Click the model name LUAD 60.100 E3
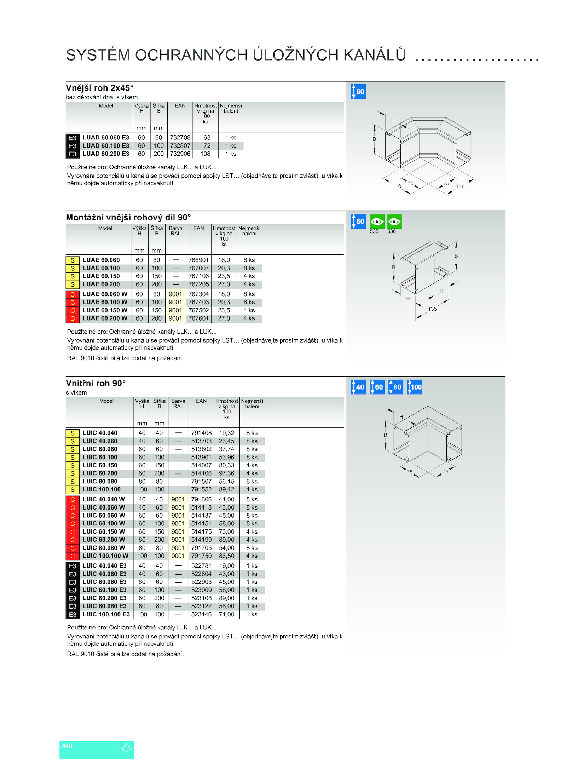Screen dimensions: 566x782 [106, 146]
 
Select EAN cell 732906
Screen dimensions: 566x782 [180, 154]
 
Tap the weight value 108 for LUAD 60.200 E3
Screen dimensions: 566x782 [206, 154]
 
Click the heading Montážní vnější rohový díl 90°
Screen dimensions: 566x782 [128, 217]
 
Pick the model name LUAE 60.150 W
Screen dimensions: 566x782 [105, 310]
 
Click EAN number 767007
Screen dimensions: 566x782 [198, 268]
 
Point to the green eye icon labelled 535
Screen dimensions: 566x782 [377, 222]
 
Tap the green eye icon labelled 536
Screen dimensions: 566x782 [394, 222]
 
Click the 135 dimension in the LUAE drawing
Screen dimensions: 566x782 [432, 309]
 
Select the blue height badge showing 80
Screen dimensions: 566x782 [396, 387]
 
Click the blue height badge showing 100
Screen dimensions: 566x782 [415, 387]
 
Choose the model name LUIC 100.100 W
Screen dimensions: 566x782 [105, 556]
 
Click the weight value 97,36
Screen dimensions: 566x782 [226, 473]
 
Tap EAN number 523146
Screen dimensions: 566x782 [201, 614]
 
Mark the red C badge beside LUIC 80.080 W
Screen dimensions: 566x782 [73, 548]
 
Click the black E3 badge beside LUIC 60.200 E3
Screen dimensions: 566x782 [73, 598]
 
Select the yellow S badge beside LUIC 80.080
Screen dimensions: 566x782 [73, 482]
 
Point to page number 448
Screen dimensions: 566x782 [67, 746]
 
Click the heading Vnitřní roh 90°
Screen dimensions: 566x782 [96, 383]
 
